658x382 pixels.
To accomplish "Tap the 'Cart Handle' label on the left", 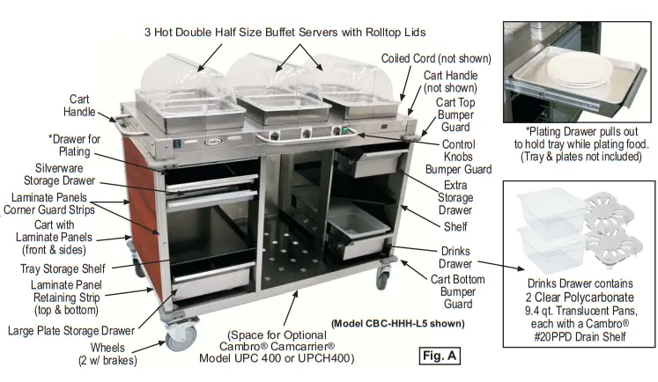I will tap(80, 106).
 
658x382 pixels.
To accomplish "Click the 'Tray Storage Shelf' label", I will tap(63, 268).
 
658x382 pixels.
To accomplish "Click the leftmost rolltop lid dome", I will tap(180, 74).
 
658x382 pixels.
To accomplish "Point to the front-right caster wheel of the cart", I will tap(383, 277).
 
